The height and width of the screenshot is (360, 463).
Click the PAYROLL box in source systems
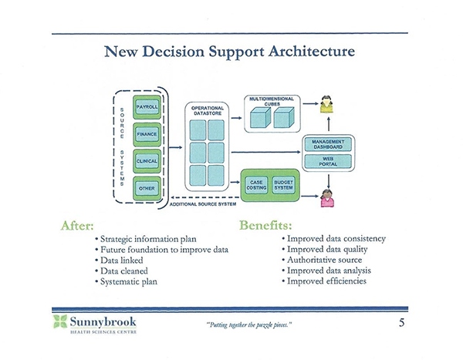click(147, 107)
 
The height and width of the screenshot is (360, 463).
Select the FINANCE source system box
click(147, 135)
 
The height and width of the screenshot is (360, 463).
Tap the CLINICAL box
click(147, 161)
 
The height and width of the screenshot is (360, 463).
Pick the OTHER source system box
click(147, 189)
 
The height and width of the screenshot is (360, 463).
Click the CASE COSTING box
click(256, 185)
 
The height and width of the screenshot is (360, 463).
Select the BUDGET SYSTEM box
click(283, 185)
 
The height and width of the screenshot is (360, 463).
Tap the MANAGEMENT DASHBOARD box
click(328, 145)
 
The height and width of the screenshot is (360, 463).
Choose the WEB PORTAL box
click(328, 161)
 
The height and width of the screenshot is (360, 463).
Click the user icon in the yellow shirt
click(326, 104)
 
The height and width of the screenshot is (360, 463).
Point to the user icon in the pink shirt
click(327, 198)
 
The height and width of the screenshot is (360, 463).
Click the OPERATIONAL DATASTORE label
click(208, 111)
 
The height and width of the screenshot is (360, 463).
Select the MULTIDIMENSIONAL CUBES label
click(272, 101)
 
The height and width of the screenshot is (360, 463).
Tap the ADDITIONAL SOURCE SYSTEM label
click(203, 204)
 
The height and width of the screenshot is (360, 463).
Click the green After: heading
click(77, 226)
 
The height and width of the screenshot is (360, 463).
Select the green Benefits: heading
click(265, 225)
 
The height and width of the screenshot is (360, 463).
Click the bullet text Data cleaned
click(124, 271)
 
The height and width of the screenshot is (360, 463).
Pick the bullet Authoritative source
click(325, 260)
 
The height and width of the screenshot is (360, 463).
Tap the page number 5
click(401, 322)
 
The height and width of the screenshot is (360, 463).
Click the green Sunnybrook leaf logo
click(60, 321)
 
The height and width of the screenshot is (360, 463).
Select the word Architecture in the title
click(312, 52)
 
